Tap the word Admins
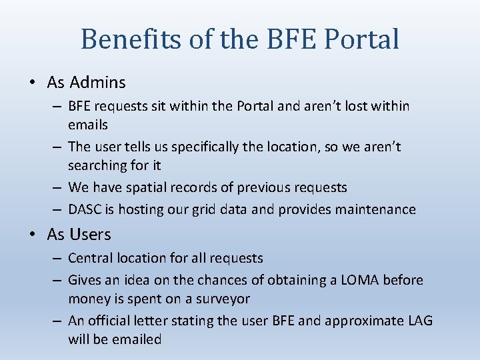click(97, 83)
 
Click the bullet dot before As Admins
click(33, 83)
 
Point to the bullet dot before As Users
click(33, 235)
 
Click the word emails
click(88, 125)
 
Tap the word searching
click(96, 165)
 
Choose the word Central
click(89, 258)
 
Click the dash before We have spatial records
click(58, 187)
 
